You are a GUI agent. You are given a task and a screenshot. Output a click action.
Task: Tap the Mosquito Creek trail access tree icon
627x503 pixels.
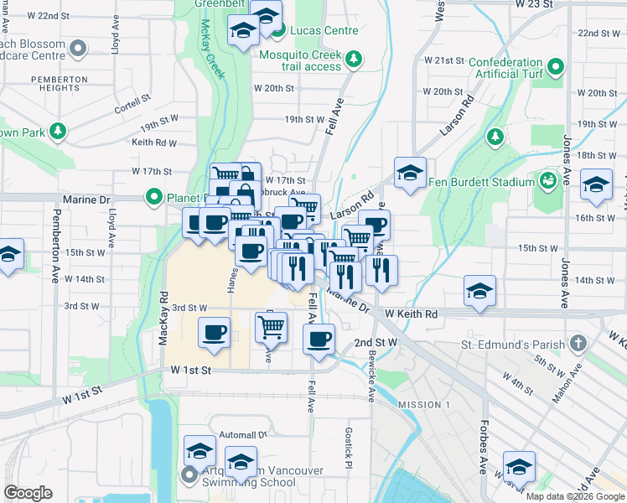click(x=354, y=59)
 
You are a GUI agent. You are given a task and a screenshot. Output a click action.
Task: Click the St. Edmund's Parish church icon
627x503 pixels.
click(x=577, y=344)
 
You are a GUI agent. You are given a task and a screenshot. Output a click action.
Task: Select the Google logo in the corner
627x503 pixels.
click(x=28, y=493)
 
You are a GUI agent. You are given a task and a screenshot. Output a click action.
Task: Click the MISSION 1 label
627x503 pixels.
click(x=423, y=405)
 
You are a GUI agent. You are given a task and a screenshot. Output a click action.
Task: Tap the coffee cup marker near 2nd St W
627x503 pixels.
click(x=318, y=340)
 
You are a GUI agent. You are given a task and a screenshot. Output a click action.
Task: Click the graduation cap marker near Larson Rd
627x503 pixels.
click(x=410, y=174)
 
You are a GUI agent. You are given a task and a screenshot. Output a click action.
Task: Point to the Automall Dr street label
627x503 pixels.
click(x=242, y=435)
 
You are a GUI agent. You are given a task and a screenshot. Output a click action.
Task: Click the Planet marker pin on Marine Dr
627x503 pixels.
click(x=154, y=198)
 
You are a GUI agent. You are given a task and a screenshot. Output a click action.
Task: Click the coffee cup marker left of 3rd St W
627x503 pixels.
click(x=214, y=333)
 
